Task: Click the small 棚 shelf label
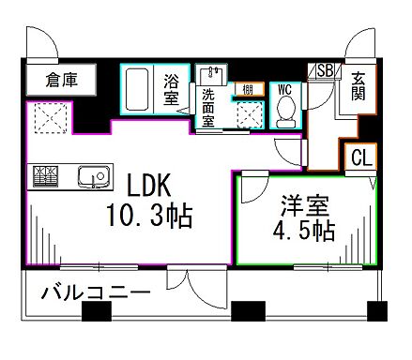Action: tap(246, 89)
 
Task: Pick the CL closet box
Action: tap(359, 158)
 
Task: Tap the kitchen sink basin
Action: tap(91, 174)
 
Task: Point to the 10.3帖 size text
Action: tap(150, 218)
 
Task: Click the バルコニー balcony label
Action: tap(94, 293)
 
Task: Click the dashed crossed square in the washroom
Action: tap(249, 112)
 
